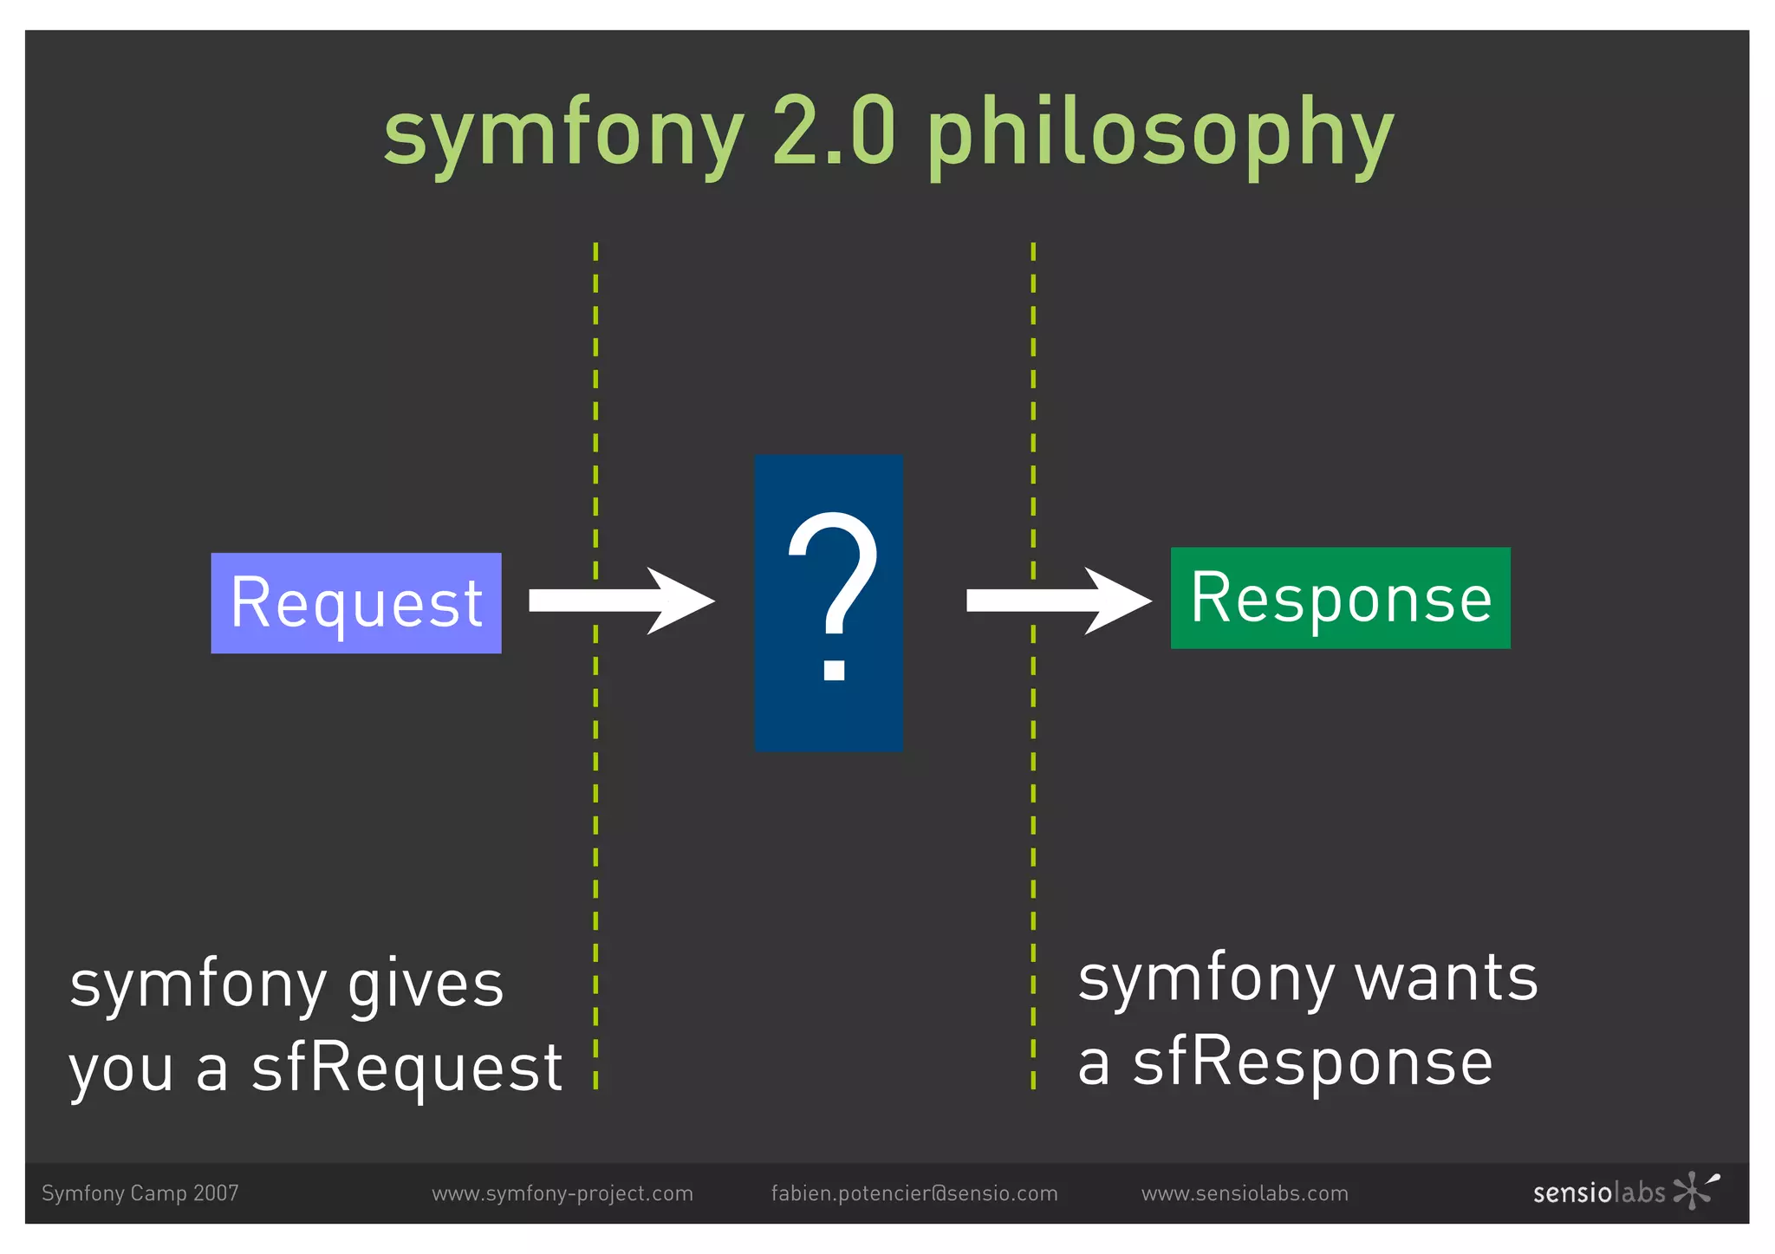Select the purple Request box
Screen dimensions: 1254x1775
355,603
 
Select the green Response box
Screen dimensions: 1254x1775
1340,598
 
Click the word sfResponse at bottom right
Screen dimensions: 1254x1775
1313,1062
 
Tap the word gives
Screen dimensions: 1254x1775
425,986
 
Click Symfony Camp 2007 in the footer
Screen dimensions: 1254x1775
140,1193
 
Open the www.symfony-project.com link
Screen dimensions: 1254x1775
562,1193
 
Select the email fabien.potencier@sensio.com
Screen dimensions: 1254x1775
914,1193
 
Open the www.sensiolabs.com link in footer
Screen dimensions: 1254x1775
1245,1193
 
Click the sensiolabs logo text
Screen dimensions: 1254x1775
1598,1193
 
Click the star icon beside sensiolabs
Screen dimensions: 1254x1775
1694,1190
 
